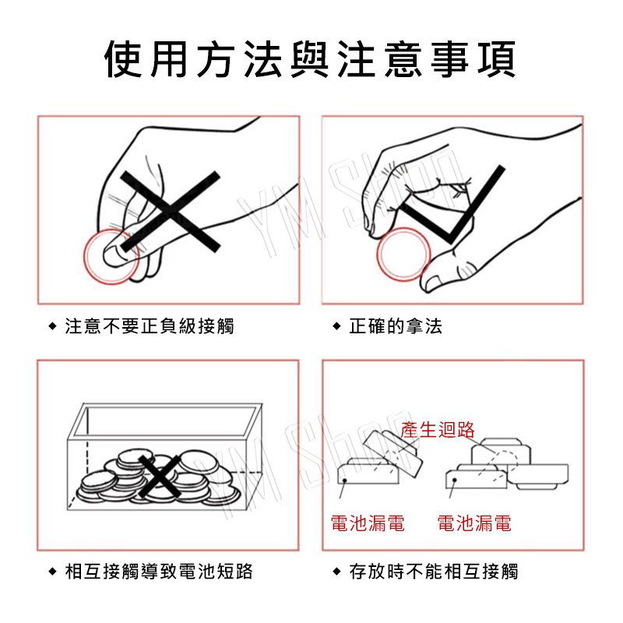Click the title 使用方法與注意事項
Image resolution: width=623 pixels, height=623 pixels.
tap(310, 59)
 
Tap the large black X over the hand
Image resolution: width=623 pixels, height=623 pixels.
tap(170, 211)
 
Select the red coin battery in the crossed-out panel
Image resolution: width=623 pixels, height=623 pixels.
tap(111, 256)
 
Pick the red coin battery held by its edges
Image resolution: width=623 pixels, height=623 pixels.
tap(403, 255)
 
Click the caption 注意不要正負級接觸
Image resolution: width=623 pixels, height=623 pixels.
tap(150, 326)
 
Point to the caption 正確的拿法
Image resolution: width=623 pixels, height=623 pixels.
tap(396, 326)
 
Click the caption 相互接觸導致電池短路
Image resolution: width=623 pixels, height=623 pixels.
tap(159, 572)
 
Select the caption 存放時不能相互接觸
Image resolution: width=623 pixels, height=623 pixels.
tap(434, 572)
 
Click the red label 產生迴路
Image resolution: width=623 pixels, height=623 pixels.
tap(438, 430)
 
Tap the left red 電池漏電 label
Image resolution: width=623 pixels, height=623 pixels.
tap(368, 523)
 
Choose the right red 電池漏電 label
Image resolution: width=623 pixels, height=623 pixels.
tap(474, 523)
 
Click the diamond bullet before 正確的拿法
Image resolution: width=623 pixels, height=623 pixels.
tap(336, 326)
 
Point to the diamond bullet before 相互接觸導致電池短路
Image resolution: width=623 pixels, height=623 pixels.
tap(52, 572)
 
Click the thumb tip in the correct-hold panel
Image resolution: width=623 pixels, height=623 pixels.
tap(431, 283)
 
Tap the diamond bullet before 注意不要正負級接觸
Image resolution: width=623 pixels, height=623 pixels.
tap(52, 326)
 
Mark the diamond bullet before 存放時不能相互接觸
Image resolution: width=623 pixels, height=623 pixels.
tap(336, 572)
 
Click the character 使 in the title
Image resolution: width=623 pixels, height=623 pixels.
tap(123, 59)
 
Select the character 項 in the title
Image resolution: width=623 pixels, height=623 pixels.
tap(497, 59)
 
